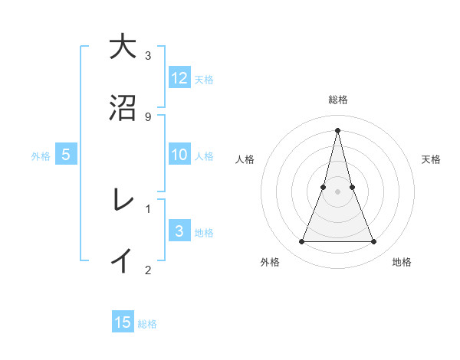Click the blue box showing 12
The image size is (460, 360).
179,77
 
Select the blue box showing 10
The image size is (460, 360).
179,155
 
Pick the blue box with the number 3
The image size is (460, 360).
179,231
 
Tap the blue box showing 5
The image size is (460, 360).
66,155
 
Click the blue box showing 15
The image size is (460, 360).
123,322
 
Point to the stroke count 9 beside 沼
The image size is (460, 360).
148,116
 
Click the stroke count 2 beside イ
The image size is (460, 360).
148,269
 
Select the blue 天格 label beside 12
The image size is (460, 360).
203,79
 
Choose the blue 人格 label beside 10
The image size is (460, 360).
203,156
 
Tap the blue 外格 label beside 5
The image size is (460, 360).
41,156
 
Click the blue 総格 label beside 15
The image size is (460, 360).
146,324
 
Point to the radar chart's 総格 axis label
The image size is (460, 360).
337,100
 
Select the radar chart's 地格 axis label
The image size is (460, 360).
402,263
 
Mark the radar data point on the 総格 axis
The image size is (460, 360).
337,129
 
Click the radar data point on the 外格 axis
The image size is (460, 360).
301,242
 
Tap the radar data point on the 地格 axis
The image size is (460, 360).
373,242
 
